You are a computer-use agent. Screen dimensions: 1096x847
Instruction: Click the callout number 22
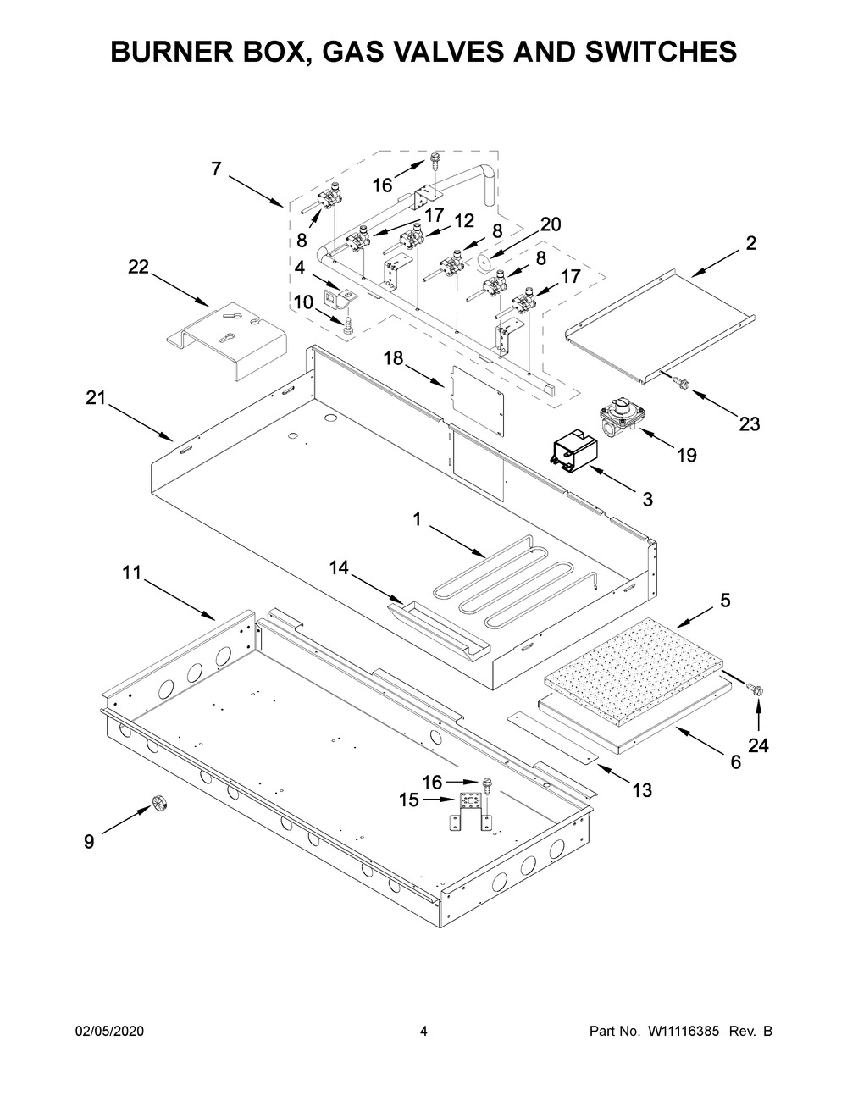coord(138,267)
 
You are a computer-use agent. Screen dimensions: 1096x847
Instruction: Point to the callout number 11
coord(130,573)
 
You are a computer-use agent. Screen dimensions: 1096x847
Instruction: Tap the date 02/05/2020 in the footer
coord(110,1032)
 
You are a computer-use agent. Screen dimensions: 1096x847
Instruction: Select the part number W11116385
coord(684,1032)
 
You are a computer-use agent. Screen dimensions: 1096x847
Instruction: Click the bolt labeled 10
coord(347,325)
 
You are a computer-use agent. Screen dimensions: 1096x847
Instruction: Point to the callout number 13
coord(642,790)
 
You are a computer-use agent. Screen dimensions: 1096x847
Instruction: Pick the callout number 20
coord(551,224)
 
